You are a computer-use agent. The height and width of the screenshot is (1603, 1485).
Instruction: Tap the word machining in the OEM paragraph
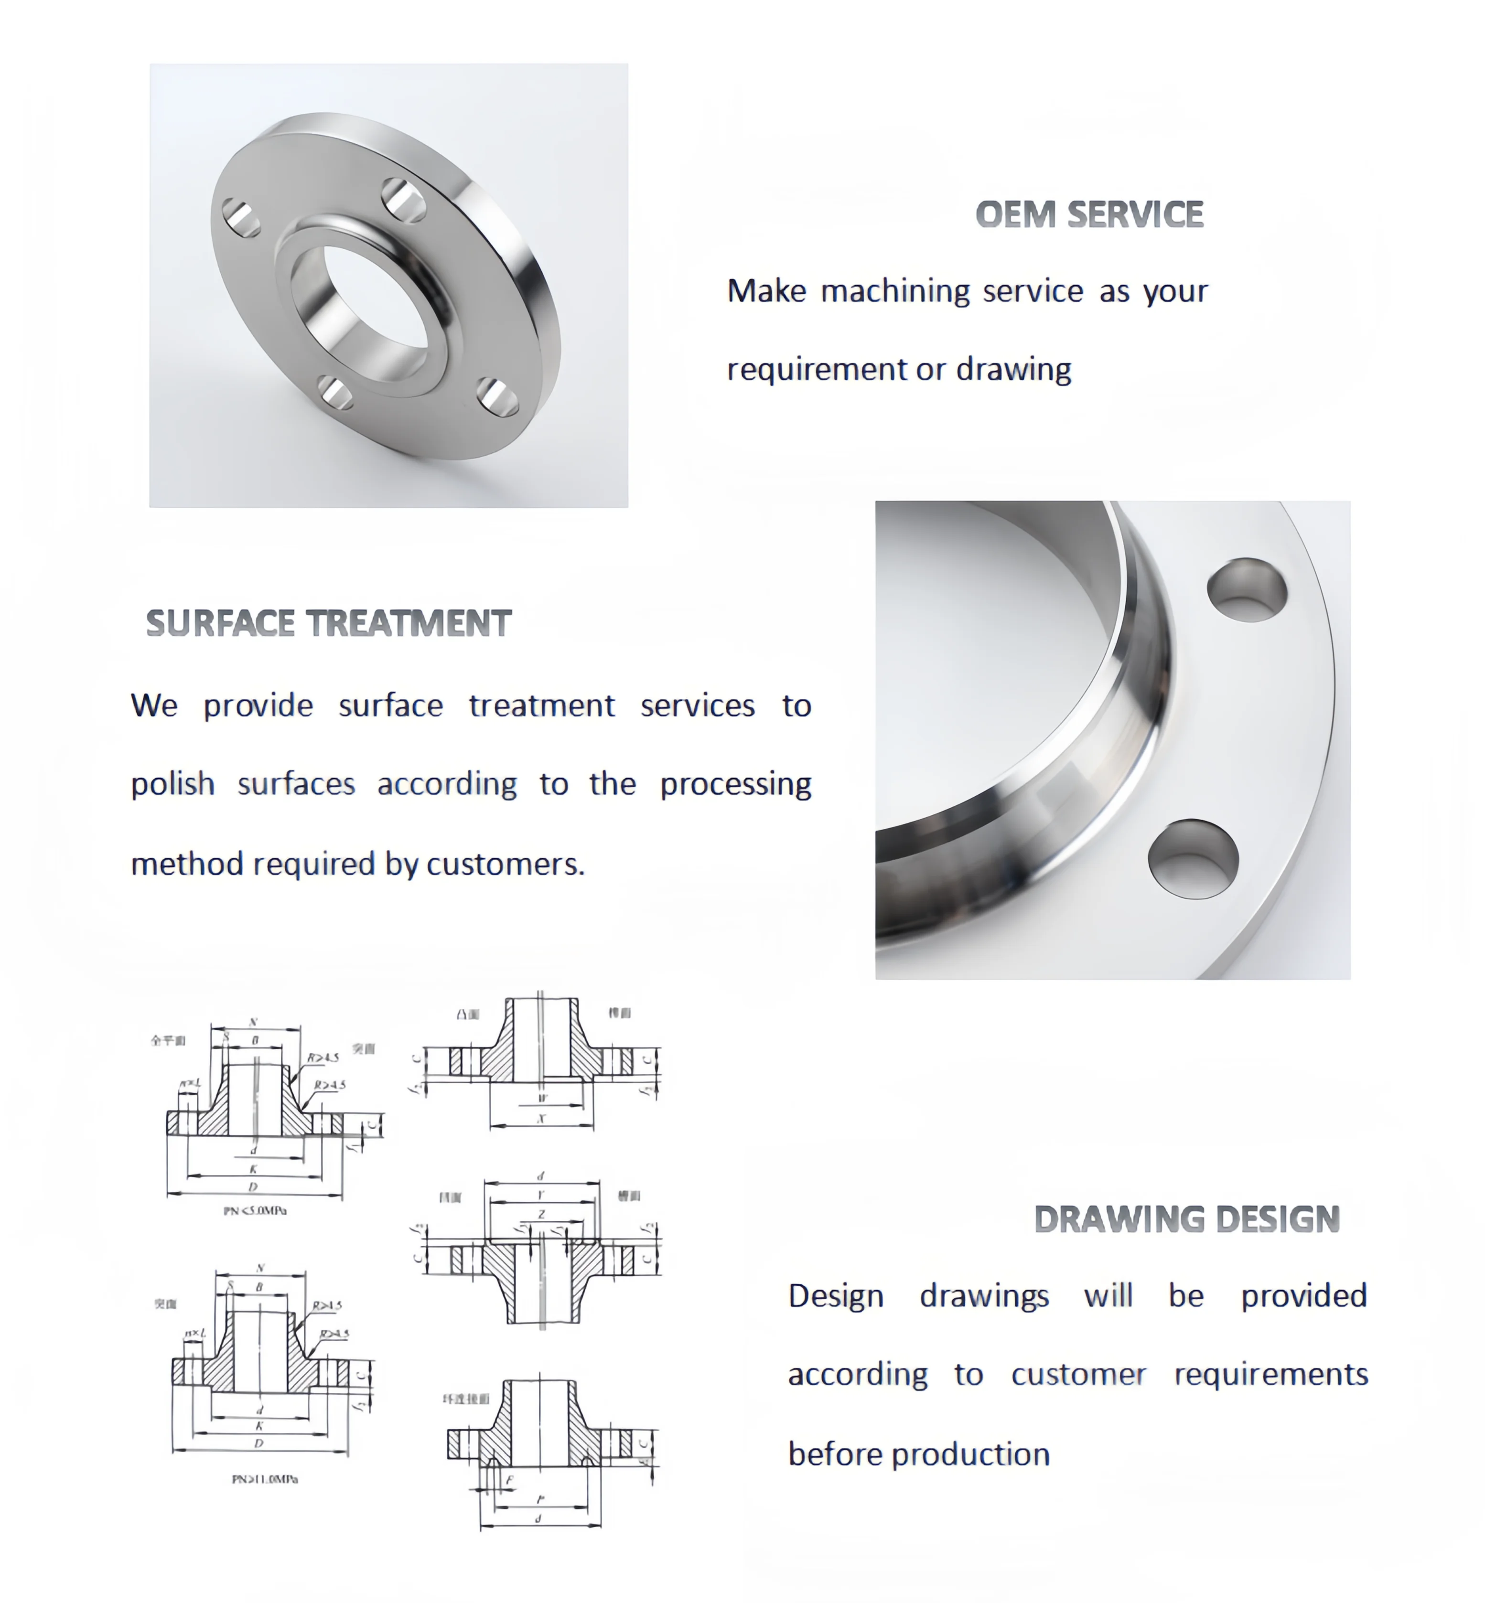[x=895, y=291]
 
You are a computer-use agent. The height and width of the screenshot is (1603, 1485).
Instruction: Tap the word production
[x=970, y=1454]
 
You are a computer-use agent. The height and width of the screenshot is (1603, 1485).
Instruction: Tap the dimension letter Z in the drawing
[x=542, y=1215]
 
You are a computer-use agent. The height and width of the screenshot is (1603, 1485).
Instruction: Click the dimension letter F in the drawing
[x=509, y=1481]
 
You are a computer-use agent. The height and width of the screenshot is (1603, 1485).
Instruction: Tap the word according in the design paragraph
[x=857, y=1375]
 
